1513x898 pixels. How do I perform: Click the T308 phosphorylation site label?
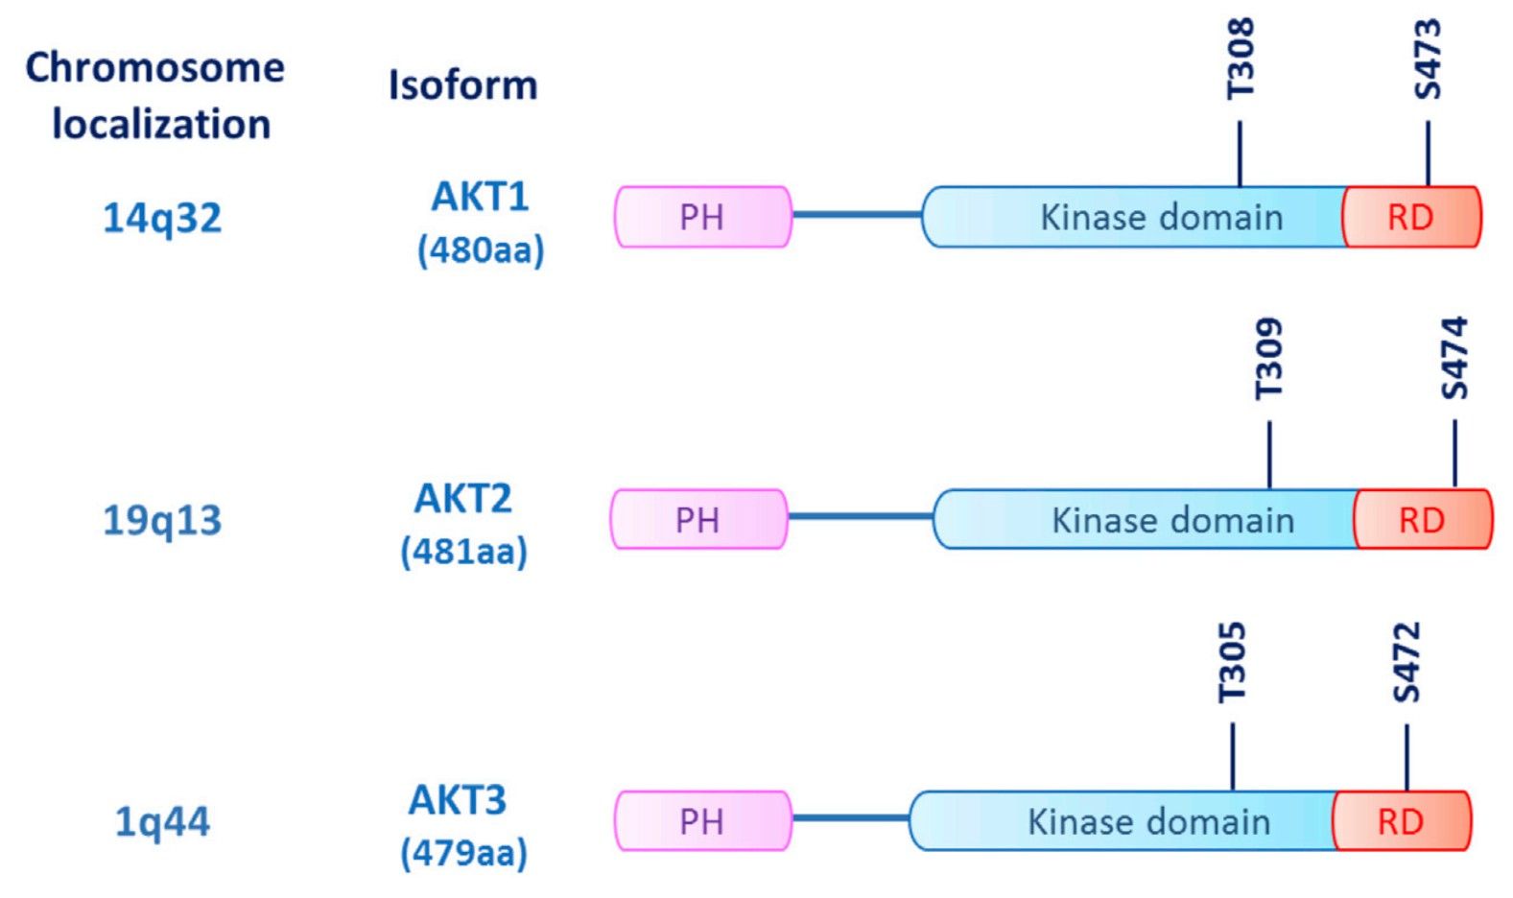1240,59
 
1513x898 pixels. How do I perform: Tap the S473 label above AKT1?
1428,59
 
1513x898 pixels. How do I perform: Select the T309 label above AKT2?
1268,359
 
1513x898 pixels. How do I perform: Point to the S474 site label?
1454,359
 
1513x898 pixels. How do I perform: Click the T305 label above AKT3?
1232,663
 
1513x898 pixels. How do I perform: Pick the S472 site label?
1407,663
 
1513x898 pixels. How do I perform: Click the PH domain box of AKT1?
702,217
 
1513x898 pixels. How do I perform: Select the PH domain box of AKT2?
698,519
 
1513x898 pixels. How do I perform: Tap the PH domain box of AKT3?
702,821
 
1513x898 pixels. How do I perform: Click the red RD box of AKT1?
1410,217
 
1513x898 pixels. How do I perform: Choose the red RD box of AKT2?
1422,519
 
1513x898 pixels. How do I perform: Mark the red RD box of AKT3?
1401,821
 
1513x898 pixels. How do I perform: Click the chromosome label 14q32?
162,218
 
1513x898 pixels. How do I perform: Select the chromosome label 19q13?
162,520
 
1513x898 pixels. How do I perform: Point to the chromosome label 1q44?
162,822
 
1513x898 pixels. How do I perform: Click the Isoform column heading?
462,85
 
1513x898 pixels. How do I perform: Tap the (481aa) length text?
464,552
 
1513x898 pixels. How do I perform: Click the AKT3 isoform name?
458,799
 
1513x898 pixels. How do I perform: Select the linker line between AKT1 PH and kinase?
857,214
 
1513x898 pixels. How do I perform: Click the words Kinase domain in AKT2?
1172,520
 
